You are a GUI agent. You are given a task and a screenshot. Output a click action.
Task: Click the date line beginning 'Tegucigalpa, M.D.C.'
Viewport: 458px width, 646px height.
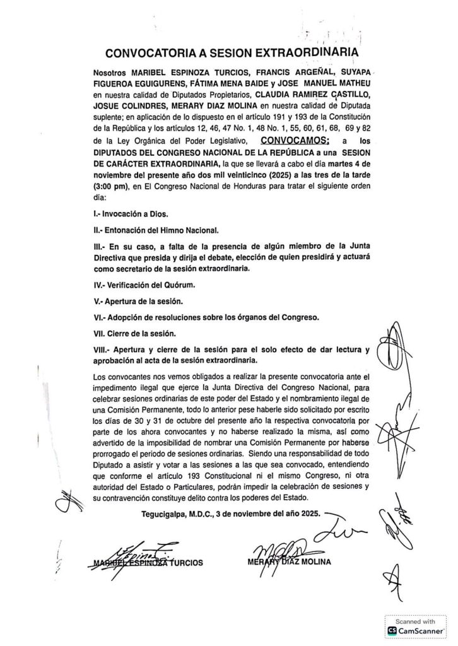[x=231, y=513]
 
